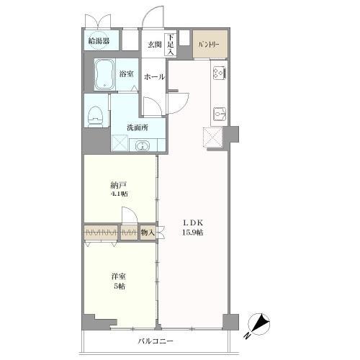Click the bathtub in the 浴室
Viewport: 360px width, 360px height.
(104, 74)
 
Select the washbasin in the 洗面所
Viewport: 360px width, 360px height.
(143, 145)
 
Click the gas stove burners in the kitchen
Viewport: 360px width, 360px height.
(220, 73)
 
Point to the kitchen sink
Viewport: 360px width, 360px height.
(220, 114)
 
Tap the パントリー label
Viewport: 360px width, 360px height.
(209, 45)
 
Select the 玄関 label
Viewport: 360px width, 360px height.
(154, 45)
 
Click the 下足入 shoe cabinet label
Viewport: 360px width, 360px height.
(171, 45)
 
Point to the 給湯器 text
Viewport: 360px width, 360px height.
(99, 41)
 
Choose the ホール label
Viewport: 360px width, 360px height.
(154, 77)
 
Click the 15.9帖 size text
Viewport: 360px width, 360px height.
(192, 233)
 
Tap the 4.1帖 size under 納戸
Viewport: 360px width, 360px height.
(119, 194)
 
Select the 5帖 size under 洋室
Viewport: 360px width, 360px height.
(119, 287)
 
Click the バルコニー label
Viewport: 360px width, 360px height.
(156, 341)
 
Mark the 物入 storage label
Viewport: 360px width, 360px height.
(148, 232)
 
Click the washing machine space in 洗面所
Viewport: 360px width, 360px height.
(120, 143)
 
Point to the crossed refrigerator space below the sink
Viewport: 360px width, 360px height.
(212, 137)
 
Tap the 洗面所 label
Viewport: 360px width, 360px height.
(138, 127)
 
